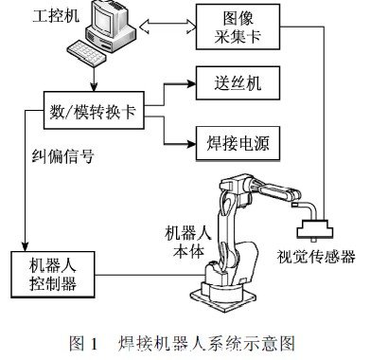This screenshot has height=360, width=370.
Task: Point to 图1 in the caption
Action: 87,339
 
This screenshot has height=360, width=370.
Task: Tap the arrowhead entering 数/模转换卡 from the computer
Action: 99,87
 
